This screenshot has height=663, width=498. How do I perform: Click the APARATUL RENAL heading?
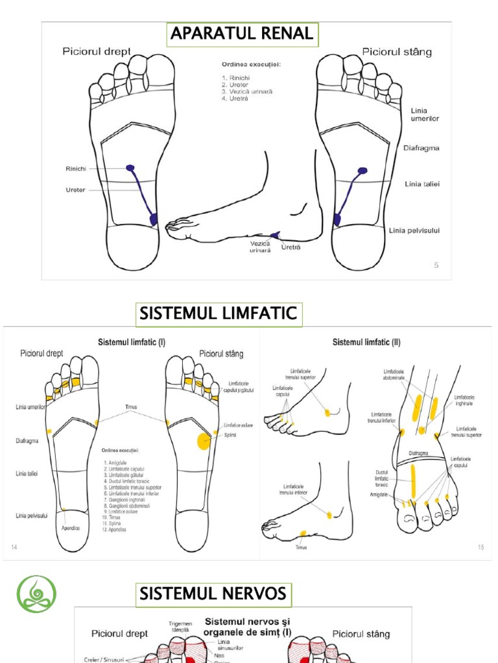[x=241, y=34]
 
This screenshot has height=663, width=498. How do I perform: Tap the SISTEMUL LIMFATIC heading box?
[x=218, y=315]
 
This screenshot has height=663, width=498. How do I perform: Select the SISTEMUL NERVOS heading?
[x=212, y=594]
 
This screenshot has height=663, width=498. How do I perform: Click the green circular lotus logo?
[x=36, y=594]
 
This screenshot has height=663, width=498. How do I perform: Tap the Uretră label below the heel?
[x=291, y=247]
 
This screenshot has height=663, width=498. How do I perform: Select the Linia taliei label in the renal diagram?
[x=422, y=184]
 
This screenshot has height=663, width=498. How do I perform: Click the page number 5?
[x=436, y=265]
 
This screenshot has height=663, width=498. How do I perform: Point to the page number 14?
[x=14, y=548]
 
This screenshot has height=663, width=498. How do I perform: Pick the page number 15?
[x=480, y=547]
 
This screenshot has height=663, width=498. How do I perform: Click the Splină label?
[x=231, y=435]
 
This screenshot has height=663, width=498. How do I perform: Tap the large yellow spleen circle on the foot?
[x=204, y=442]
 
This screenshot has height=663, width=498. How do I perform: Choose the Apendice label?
[x=71, y=528]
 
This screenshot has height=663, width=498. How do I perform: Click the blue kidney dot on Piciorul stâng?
[x=362, y=170]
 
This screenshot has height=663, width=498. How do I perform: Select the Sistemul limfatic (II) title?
[x=365, y=341]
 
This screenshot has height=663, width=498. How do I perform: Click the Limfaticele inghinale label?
[x=464, y=400]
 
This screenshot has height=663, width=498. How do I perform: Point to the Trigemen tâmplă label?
[x=180, y=627]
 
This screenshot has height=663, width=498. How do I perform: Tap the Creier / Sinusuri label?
[x=104, y=659]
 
